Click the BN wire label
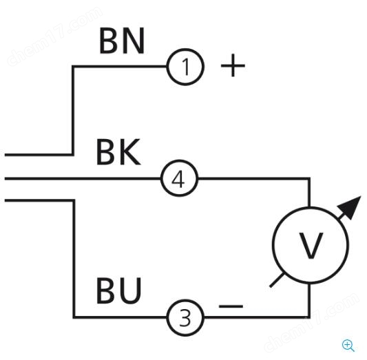tap(122, 41)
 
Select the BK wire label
tap(118, 152)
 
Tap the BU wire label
tap(118, 290)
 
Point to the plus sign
tap(233, 65)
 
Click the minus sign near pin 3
tap(231, 306)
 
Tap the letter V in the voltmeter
tap(311, 245)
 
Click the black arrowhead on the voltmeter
tap(350, 207)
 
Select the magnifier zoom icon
tap(348, 346)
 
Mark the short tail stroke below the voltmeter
tap(277, 280)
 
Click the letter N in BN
tap(134, 41)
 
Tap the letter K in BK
tap(130, 152)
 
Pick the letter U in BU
tap(130, 291)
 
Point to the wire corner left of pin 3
tap(74, 317)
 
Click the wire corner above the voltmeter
tap(310, 179)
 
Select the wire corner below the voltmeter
tap(309, 317)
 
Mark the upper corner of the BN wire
tap(73, 67)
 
